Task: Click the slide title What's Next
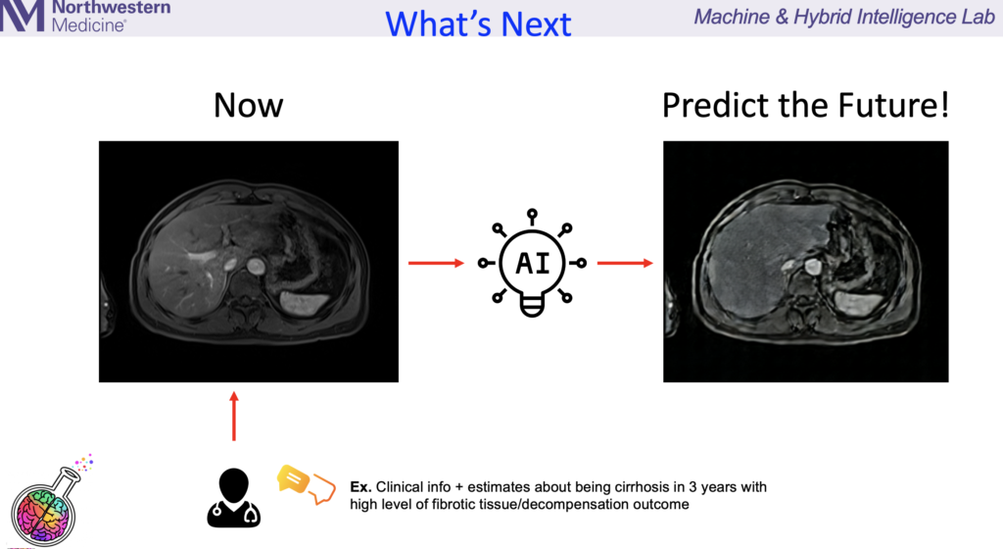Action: [x=478, y=25]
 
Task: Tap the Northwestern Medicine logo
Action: [x=85, y=16]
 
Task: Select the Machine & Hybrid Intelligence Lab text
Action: [x=844, y=17]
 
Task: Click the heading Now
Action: [x=248, y=105]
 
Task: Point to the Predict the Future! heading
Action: [x=805, y=105]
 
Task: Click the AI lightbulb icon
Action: [x=532, y=263]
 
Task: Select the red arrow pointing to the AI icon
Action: [x=436, y=263]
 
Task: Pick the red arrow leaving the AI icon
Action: [x=625, y=263]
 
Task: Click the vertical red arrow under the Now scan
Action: [x=234, y=416]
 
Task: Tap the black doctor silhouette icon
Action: [x=233, y=498]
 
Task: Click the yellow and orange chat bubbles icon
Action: [x=306, y=484]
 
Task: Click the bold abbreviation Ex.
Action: [x=360, y=487]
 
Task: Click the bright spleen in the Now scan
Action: [x=305, y=303]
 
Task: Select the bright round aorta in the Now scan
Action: [x=256, y=267]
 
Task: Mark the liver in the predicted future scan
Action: [x=755, y=263]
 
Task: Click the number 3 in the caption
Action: [x=693, y=487]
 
